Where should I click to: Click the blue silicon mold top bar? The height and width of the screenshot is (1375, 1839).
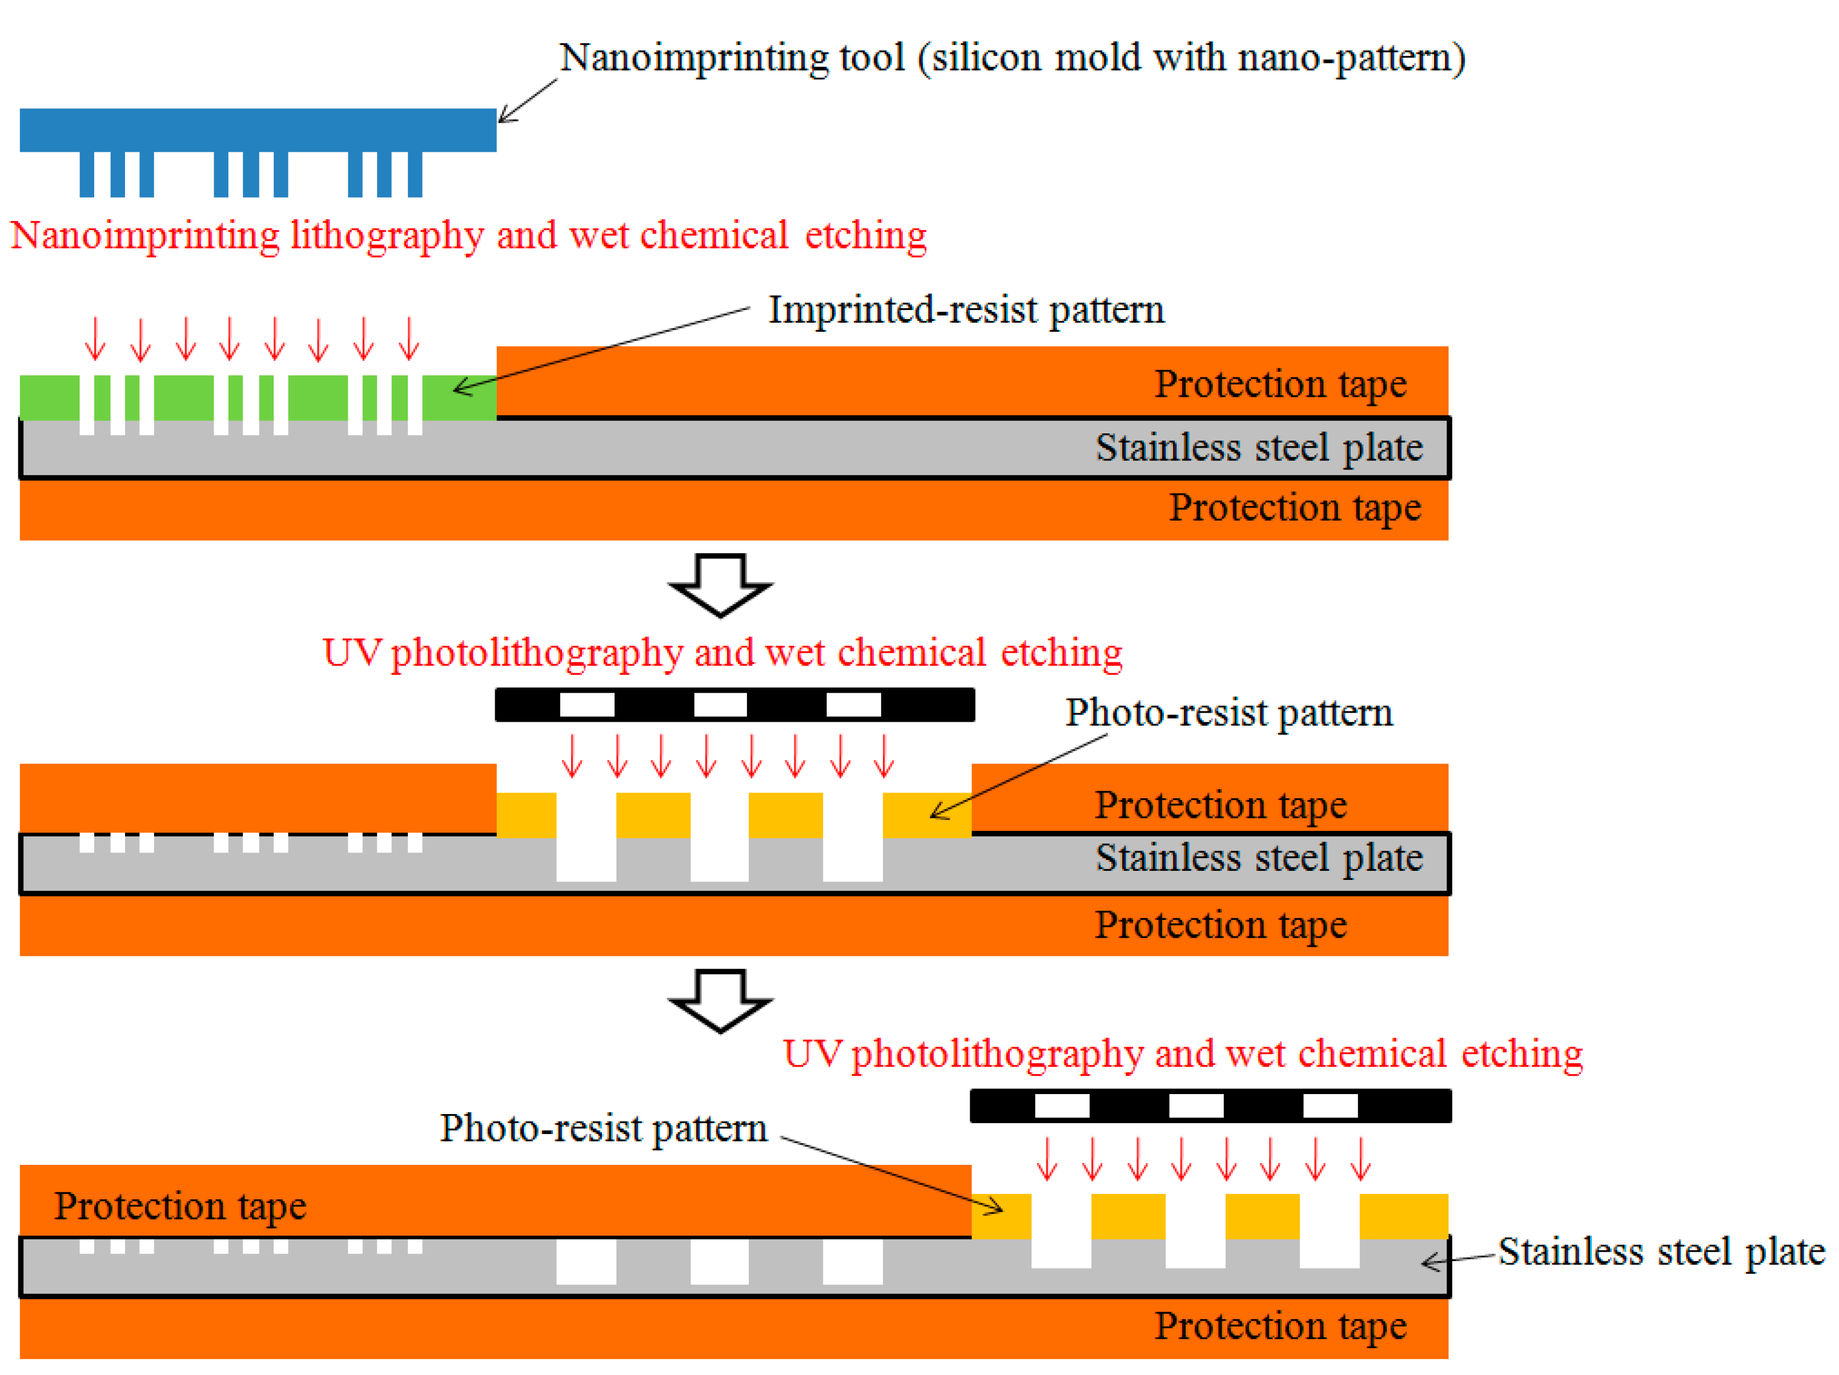tap(258, 130)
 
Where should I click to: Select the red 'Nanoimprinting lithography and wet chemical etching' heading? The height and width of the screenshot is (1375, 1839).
tap(468, 235)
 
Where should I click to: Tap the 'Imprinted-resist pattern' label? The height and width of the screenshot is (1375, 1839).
tap(966, 310)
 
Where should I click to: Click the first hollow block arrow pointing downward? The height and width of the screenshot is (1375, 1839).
tap(720, 584)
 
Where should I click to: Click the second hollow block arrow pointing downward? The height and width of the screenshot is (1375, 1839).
tap(720, 1000)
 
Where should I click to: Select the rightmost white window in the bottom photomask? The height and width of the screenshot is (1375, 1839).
tap(1330, 1105)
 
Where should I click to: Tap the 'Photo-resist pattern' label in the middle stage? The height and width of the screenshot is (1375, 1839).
tap(1229, 713)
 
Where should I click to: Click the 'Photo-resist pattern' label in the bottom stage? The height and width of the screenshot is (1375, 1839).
tap(603, 1129)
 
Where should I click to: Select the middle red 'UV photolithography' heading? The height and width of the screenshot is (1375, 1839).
tap(722, 653)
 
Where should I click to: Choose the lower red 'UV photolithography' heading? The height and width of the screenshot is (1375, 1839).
tap(1182, 1054)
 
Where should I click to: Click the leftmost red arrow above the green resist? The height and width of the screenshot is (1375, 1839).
tap(95, 339)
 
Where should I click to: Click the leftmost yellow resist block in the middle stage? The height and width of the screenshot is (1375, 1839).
tap(526, 815)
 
